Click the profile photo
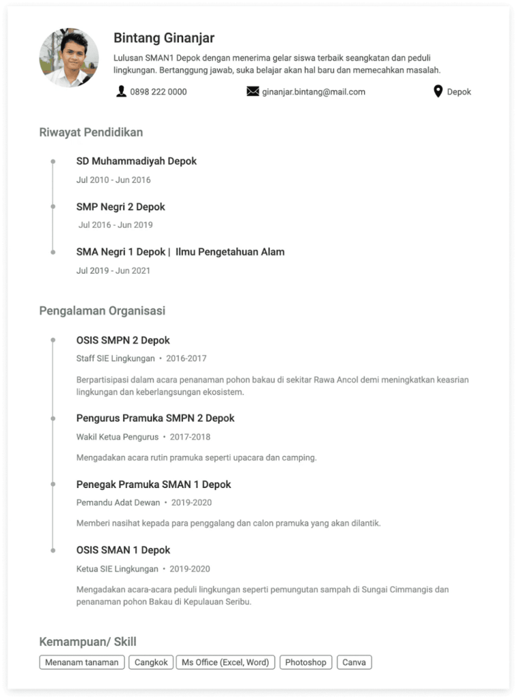69,58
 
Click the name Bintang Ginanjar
164,38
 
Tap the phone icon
122,91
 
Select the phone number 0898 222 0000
158,91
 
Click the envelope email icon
253,91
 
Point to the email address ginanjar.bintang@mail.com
313,91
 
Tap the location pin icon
438,91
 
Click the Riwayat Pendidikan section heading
91,132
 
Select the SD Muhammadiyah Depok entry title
137,161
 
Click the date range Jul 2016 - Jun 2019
115,225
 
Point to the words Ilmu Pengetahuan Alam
230,252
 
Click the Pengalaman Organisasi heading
102,311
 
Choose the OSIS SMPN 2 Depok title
123,340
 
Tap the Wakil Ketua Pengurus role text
117,437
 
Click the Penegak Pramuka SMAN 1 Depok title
154,484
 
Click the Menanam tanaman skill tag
82,662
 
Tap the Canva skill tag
354,662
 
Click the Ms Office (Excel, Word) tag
225,662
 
